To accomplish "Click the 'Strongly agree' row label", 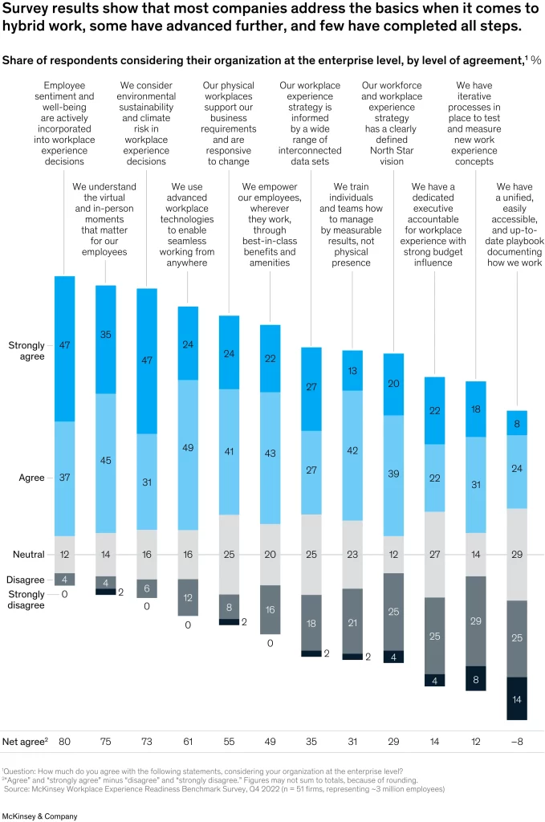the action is pyautogui.click(x=26, y=351).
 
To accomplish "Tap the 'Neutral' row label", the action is pyautogui.click(x=29, y=554).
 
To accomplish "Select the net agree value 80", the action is pyautogui.click(x=64, y=741).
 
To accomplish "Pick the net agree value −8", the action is pyautogui.click(x=517, y=741).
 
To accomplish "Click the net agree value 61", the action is pyautogui.click(x=188, y=741).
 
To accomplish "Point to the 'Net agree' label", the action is pyautogui.click(x=25, y=741).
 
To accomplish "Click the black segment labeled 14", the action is pyautogui.click(x=517, y=698).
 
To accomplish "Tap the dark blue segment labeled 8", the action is pyautogui.click(x=517, y=422).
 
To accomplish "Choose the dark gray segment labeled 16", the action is pyautogui.click(x=270, y=609).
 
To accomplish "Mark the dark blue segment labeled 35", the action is pyautogui.click(x=106, y=340).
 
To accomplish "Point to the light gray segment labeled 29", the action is pyautogui.click(x=517, y=554).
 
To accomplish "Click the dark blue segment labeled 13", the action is pyautogui.click(x=352, y=371).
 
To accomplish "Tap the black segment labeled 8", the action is pyautogui.click(x=476, y=678).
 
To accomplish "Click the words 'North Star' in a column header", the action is pyautogui.click(x=392, y=150).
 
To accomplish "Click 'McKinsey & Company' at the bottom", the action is pyautogui.click(x=40, y=816).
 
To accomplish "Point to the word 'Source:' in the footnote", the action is pyautogui.click(x=18, y=788).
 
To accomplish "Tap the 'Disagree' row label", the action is pyautogui.click(x=25, y=580).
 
